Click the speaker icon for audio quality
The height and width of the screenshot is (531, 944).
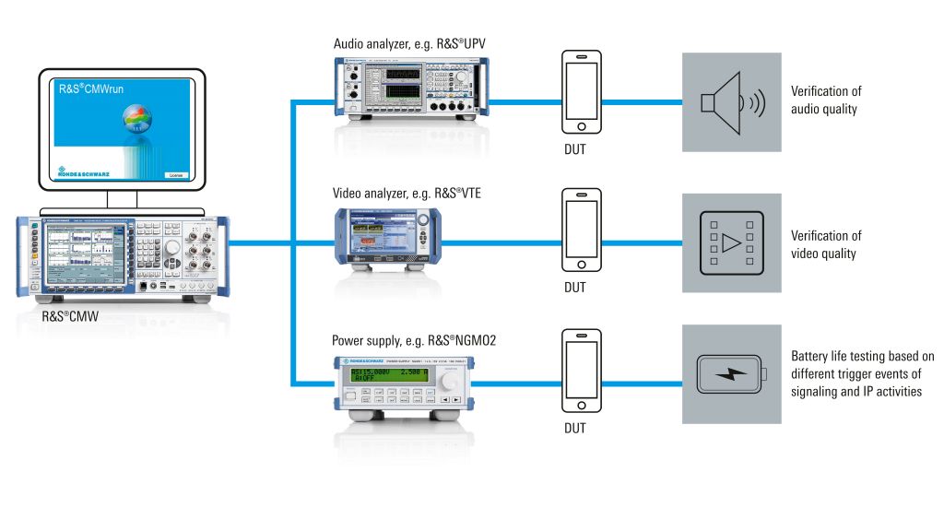[732, 102]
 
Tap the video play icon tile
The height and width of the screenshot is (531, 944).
[732, 242]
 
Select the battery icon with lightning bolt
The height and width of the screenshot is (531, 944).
[732, 374]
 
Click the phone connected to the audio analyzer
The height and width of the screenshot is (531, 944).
[583, 91]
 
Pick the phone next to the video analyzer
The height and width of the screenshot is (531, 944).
[583, 230]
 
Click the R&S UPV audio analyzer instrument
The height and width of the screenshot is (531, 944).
[408, 89]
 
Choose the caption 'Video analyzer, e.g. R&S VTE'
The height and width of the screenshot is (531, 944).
[407, 194]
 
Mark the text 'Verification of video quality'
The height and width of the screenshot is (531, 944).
[826, 244]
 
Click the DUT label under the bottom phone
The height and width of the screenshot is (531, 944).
[575, 429]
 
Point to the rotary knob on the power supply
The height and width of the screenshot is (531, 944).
[452, 380]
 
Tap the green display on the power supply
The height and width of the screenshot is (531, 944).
[378, 372]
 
